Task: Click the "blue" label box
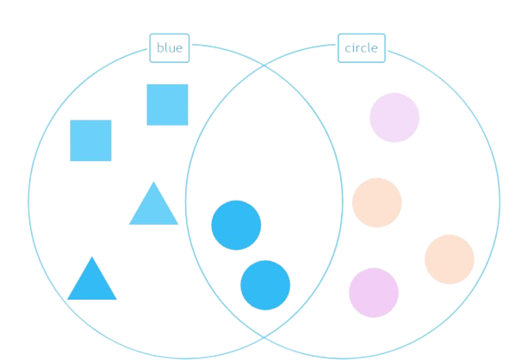[x=170, y=48]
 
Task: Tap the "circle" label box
[x=362, y=48]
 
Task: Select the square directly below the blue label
[x=168, y=105]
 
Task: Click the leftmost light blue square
[x=90, y=140]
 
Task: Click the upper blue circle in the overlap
[x=237, y=226]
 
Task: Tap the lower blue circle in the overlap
[x=265, y=285]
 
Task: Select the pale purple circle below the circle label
[x=394, y=118]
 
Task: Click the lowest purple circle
[x=374, y=293]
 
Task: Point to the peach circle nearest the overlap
[x=377, y=202]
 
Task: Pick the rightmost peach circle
[x=449, y=259]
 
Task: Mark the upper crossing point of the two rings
[x=264, y=66]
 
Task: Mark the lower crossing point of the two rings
[x=264, y=337]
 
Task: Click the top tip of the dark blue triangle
[x=92, y=257]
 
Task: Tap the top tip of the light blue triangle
[x=154, y=182]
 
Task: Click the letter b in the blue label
[x=160, y=48]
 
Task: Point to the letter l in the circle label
[x=368, y=48]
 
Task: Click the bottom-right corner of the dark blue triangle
[x=117, y=300]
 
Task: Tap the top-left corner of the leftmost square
[x=71, y=121]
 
